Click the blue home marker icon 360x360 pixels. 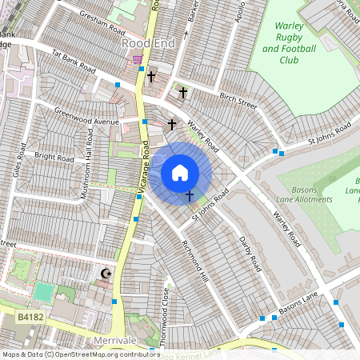tap(180, 173)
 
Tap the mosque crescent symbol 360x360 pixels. tap(104, 274)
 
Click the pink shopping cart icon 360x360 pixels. tap(138, 58)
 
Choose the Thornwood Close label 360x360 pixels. tap(164, 316)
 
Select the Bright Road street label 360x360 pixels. tap(54, 155)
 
